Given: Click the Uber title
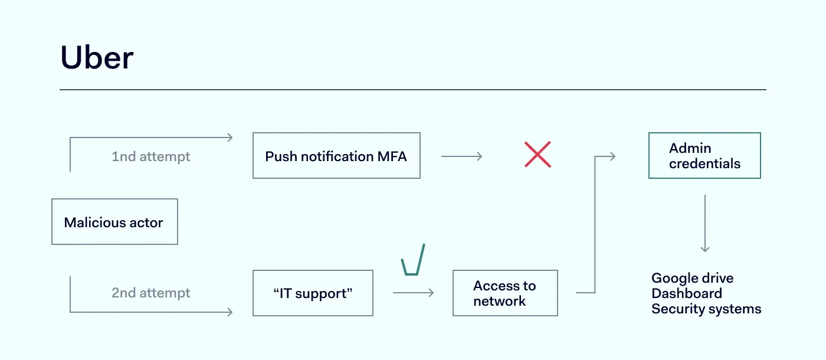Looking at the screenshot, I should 97,58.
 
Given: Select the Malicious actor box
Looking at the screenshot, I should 114,222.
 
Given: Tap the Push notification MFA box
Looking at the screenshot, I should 336,156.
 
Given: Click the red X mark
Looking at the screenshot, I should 537,155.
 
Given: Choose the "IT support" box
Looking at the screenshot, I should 313,293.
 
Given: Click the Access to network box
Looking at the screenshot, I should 505,293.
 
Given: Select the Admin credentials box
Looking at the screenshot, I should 704,155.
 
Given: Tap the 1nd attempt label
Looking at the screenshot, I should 151,156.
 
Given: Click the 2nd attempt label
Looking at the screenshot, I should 151,293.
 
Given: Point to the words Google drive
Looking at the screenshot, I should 692,278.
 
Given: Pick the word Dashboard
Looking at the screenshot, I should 686,293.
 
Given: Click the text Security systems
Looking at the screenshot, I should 706,309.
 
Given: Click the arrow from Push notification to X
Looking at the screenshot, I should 461,156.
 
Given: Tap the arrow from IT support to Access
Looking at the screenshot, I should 413,293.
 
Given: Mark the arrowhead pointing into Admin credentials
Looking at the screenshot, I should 613,156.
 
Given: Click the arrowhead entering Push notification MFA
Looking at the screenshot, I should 231,138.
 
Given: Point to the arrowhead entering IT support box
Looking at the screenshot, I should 231,312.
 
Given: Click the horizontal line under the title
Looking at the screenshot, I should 413,90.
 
